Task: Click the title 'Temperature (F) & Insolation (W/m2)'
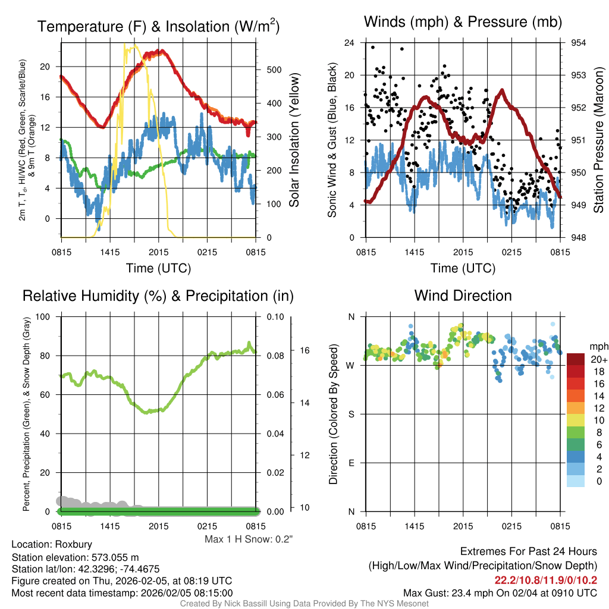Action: click(x=158, y=26)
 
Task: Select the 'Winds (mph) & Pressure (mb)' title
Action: click(x=463, y=23)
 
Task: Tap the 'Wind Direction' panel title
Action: click(x=463, y=296)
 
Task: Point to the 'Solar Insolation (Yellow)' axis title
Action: click(x=294, y=140)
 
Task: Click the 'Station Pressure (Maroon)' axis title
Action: click(x=598, y=140)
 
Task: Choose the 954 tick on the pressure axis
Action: click(x=579, y=43)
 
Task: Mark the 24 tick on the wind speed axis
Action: click(x=350, y=43)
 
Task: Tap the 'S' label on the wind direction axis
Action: click(x=351, y=414)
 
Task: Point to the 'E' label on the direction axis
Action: click(x=351, y=463)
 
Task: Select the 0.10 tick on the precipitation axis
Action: click(x=275, y=316)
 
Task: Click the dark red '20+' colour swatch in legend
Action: click(x=576, y=359)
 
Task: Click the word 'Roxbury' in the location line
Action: click(x=74, y=544)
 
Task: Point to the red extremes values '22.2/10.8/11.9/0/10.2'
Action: click(x=546, y=580)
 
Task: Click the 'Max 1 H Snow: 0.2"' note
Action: click(x=249, y=539)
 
